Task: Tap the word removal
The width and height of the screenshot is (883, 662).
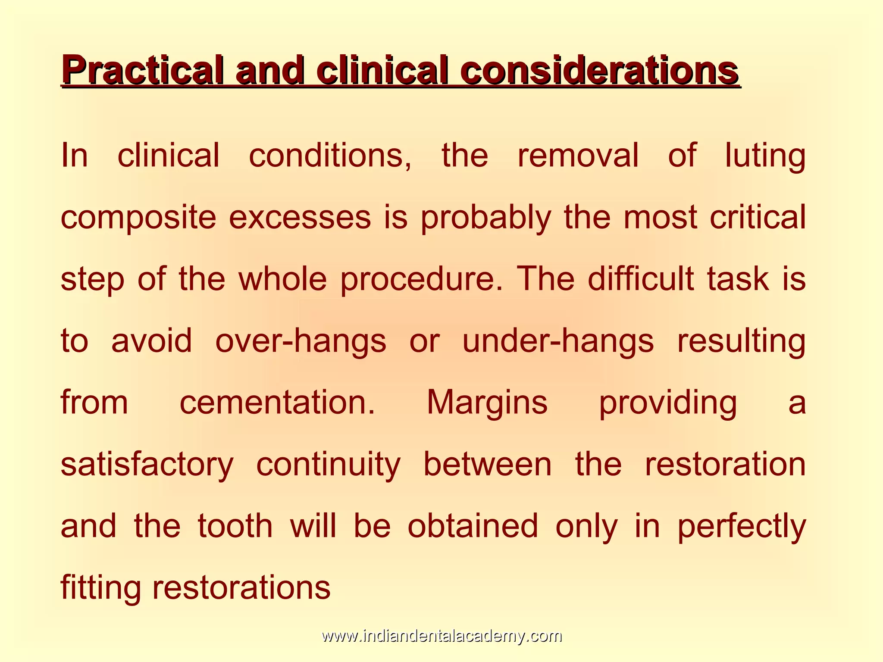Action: coord(578,155)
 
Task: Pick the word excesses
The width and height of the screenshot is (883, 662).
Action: coord(300,217)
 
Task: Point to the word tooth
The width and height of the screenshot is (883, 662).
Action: coord(235,527)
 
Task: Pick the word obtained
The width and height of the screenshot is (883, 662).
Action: coord(473,527)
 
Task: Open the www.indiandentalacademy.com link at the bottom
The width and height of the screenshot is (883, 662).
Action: coord(441,636)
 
